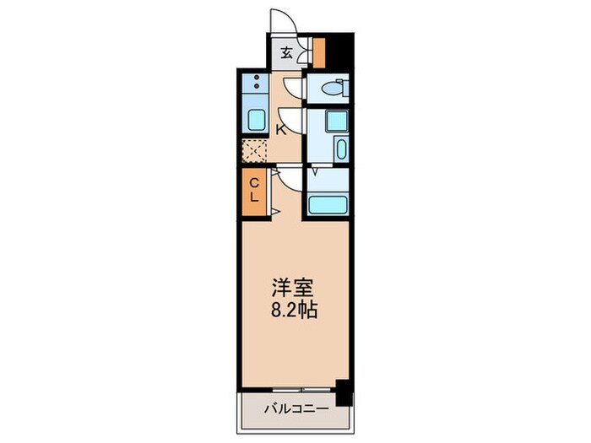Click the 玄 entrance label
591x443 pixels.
286,53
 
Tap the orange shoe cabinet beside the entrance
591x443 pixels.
319,52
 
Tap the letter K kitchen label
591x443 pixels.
280,129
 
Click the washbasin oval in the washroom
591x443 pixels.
339,150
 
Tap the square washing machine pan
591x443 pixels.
337,119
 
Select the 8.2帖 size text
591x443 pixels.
293,311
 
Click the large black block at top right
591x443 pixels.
339,50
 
